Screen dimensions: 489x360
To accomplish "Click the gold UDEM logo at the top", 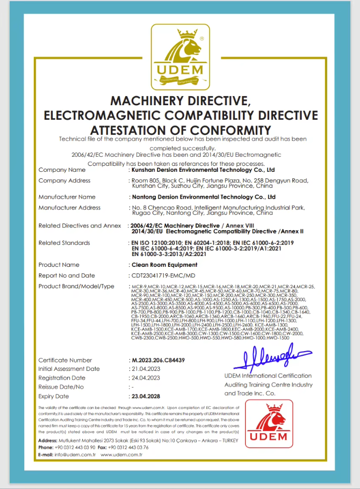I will click(179, 60).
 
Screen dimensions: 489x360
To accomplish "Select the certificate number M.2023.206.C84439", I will click(158, 360).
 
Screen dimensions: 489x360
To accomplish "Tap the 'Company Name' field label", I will click(62, 170).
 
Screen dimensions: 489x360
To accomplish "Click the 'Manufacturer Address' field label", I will click(69, 207).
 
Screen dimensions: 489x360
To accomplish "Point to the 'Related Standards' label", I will click(64, 243).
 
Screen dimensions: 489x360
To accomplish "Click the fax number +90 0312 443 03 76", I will click(128, 447).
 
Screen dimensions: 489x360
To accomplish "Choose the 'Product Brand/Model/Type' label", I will click(76, 286).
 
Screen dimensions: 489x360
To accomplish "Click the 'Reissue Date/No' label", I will click(61, 387).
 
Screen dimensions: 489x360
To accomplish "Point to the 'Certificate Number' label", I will click(65, 360).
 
